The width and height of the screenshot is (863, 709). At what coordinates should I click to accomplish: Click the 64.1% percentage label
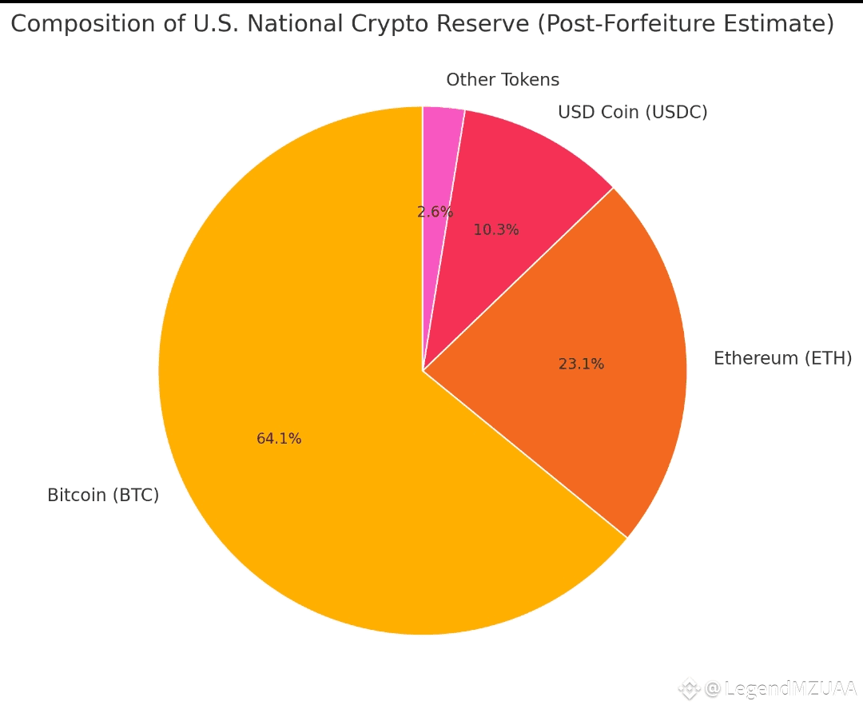[279, 439]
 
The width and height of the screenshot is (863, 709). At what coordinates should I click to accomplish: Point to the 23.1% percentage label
[581, 364]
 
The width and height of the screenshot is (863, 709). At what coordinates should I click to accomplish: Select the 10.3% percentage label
[496, 230]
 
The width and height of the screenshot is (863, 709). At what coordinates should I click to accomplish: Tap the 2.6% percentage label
[435, 212]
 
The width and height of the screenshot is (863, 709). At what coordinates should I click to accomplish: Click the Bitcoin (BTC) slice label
[103, 496]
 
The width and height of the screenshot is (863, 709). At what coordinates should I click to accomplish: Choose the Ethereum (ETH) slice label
[782, 358]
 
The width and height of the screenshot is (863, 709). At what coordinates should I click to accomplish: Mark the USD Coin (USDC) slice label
[632, 113]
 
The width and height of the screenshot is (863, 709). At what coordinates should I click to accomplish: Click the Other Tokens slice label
[503, 80]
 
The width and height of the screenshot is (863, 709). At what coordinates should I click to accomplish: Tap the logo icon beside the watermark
[689, 688]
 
